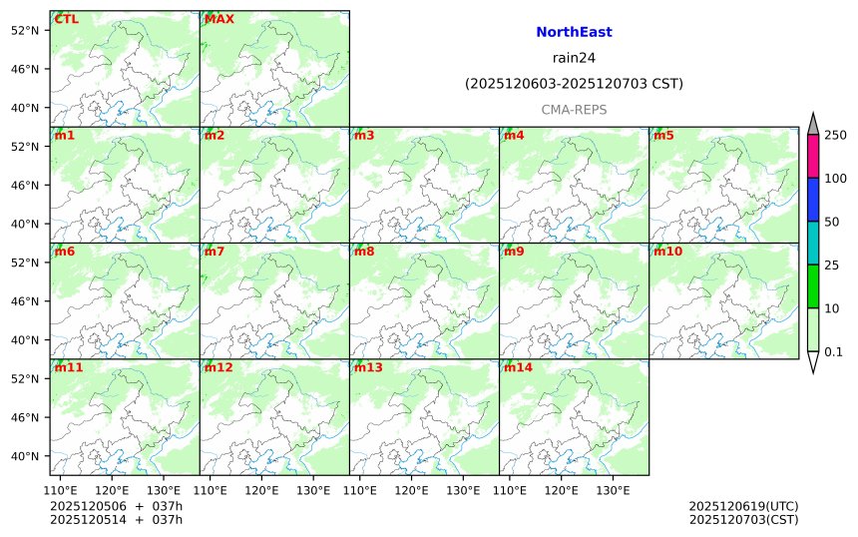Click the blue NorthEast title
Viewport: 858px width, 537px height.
(574, 32)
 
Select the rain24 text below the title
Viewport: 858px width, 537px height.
(574, 57)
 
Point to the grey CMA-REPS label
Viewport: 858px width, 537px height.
(574, 109)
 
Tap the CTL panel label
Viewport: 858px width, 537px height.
(67, 19)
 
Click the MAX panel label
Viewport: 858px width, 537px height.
(218, 19)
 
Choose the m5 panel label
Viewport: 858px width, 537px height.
(663, 136)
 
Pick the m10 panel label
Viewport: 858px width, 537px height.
(667, 252)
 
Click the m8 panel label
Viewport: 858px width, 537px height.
(364, 252)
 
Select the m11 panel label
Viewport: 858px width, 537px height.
(69, 367)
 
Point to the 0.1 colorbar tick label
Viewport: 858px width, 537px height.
(833, 351)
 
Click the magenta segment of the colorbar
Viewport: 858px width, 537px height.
(812, 157)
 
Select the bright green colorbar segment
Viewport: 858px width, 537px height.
(812, 286)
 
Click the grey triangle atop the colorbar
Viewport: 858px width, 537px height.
(812, 125)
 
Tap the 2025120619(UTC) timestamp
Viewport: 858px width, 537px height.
(743, 506)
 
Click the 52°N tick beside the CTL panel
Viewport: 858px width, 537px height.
(24, 30)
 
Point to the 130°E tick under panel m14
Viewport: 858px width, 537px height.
(613, 490)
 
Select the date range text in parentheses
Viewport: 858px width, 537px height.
(574, 84)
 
